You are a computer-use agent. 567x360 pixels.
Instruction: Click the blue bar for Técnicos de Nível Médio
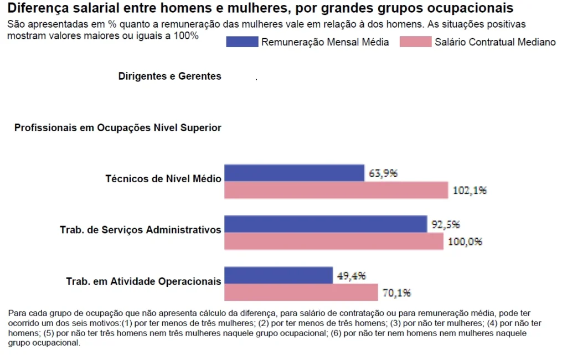(x=294, y=173)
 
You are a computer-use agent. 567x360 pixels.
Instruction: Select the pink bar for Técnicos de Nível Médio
(x=336, y=190)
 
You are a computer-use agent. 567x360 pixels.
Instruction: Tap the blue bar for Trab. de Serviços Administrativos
(x=326, y=224)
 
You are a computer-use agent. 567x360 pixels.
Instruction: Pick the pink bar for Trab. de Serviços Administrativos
(x=333, y=241)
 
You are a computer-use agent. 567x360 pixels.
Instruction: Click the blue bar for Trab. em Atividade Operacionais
(x=279, y=275)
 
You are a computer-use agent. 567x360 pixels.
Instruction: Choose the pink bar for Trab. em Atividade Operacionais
(x=301, y=292)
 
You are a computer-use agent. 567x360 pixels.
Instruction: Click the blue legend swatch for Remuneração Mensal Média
(x=242, y=42)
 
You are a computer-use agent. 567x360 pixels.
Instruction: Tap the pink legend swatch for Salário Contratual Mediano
(x=415, y=42)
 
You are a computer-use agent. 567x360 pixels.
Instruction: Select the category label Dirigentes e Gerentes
(x=169, y=76)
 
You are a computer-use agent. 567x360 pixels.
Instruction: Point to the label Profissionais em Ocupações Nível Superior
(x=117, y=128)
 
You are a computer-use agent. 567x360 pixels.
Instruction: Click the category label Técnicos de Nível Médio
(x=163, y=179)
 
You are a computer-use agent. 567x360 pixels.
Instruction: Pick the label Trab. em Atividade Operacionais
(x=143, y=281)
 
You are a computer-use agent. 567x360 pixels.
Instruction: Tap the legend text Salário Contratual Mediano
(x=495, y=42)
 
